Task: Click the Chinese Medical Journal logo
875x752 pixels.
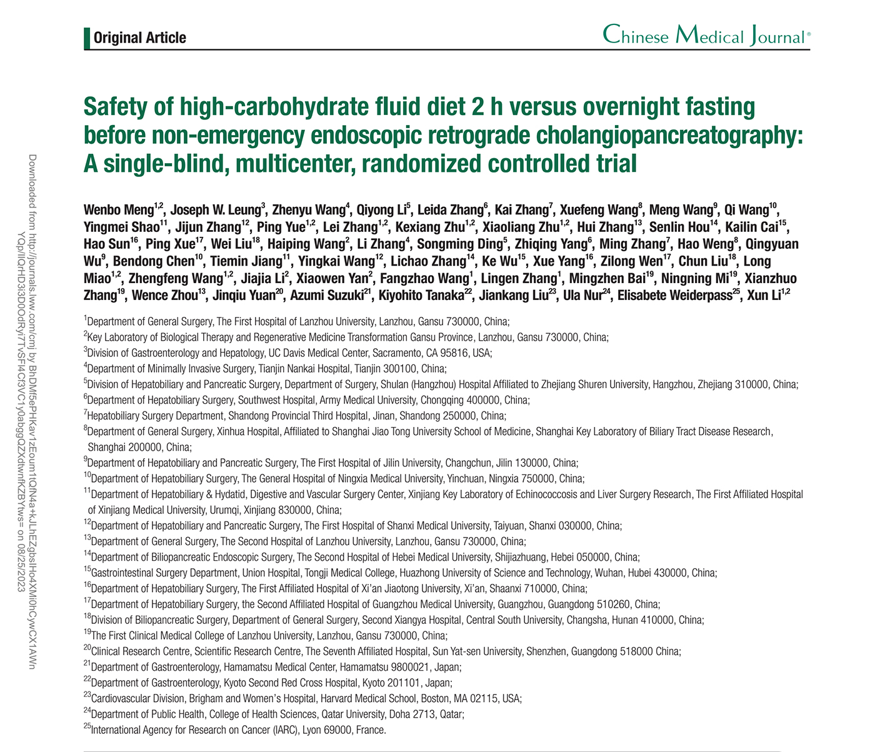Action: pyautogui.click(x=706, y=36)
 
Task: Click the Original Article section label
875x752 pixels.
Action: pyautogui.click(x=139, y=38)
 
